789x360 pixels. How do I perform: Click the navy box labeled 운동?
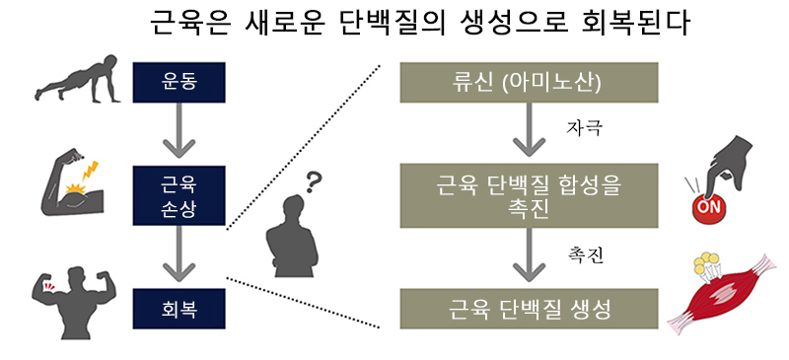[179, 83]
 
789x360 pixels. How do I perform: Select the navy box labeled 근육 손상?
[179, 195]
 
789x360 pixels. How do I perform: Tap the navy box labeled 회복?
[179, 309]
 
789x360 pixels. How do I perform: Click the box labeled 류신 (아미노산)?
[529, 83]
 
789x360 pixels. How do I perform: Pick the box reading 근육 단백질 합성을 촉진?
[529, 195]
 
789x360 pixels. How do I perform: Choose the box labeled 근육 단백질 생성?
[529, 309]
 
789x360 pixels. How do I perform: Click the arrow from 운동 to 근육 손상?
[179, 132]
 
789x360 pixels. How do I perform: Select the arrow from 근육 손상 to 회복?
[179, 253]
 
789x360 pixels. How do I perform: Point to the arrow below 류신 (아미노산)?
[529, 130]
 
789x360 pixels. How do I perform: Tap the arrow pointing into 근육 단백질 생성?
[529, 255]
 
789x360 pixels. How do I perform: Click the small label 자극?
[584, 128]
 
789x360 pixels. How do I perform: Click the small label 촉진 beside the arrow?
[584, 255]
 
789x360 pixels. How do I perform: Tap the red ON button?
[709, 207]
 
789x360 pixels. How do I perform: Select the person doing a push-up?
[77, 79]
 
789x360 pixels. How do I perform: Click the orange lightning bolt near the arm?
[91, 172]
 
